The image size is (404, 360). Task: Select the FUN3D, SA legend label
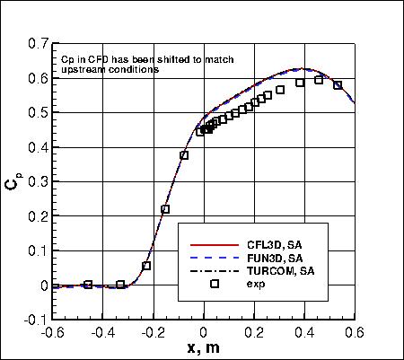coord(267,258)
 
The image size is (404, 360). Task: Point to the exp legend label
coord(255,284)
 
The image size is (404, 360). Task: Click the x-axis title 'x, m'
coord(203,348)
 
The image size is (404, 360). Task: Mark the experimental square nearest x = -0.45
coord(88,285)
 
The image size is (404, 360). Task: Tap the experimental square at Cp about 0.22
coord(165,209)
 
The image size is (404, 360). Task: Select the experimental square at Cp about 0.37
coord(184,155)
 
